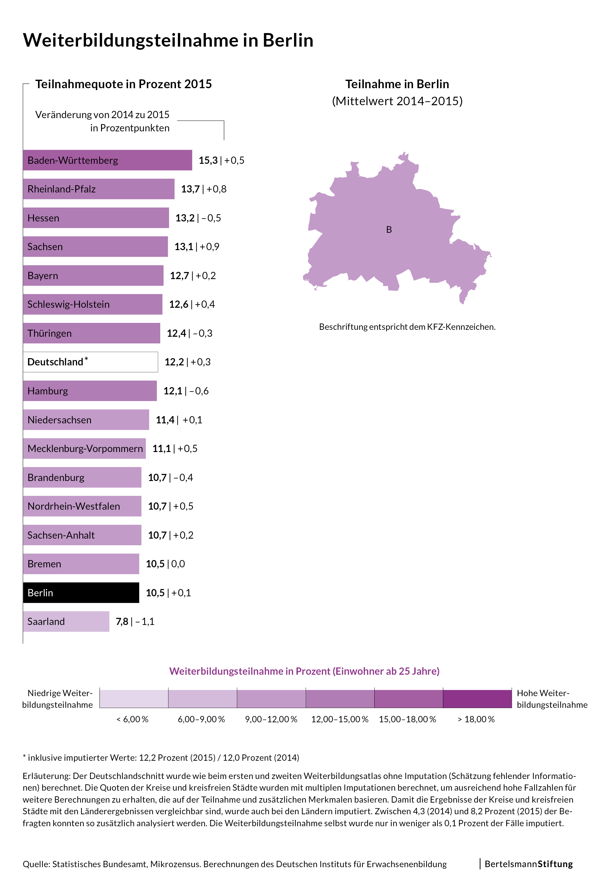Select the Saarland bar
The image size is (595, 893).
click(x=66, y=621)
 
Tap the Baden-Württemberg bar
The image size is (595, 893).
click(x=107, y=160)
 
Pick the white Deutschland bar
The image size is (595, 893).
click(x=90, y=362)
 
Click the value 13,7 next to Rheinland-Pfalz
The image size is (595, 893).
click(x=190, y=189)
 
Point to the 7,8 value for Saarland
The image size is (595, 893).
click(x=122, y=621)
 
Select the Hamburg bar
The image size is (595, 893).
click(x=89, y=391)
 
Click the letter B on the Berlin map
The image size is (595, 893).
click(x=388, y=230)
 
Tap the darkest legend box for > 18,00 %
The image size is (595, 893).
click(x=477, y=699)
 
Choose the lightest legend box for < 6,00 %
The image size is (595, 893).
click(x=133, y=699)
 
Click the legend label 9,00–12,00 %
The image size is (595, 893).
click(x=271, y=719)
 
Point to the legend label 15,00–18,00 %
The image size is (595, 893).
click(x=408, y=719)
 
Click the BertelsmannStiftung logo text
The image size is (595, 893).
click(x=528, y=864)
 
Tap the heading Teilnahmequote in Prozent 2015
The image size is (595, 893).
click(x=123, y=84)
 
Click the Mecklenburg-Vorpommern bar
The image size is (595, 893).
click(x=84, y=449)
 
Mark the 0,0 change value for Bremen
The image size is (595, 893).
click(x=178, y=564)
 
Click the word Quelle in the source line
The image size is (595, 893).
click(x=36, y=864)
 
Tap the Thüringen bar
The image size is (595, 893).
click(x=91, y=333)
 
